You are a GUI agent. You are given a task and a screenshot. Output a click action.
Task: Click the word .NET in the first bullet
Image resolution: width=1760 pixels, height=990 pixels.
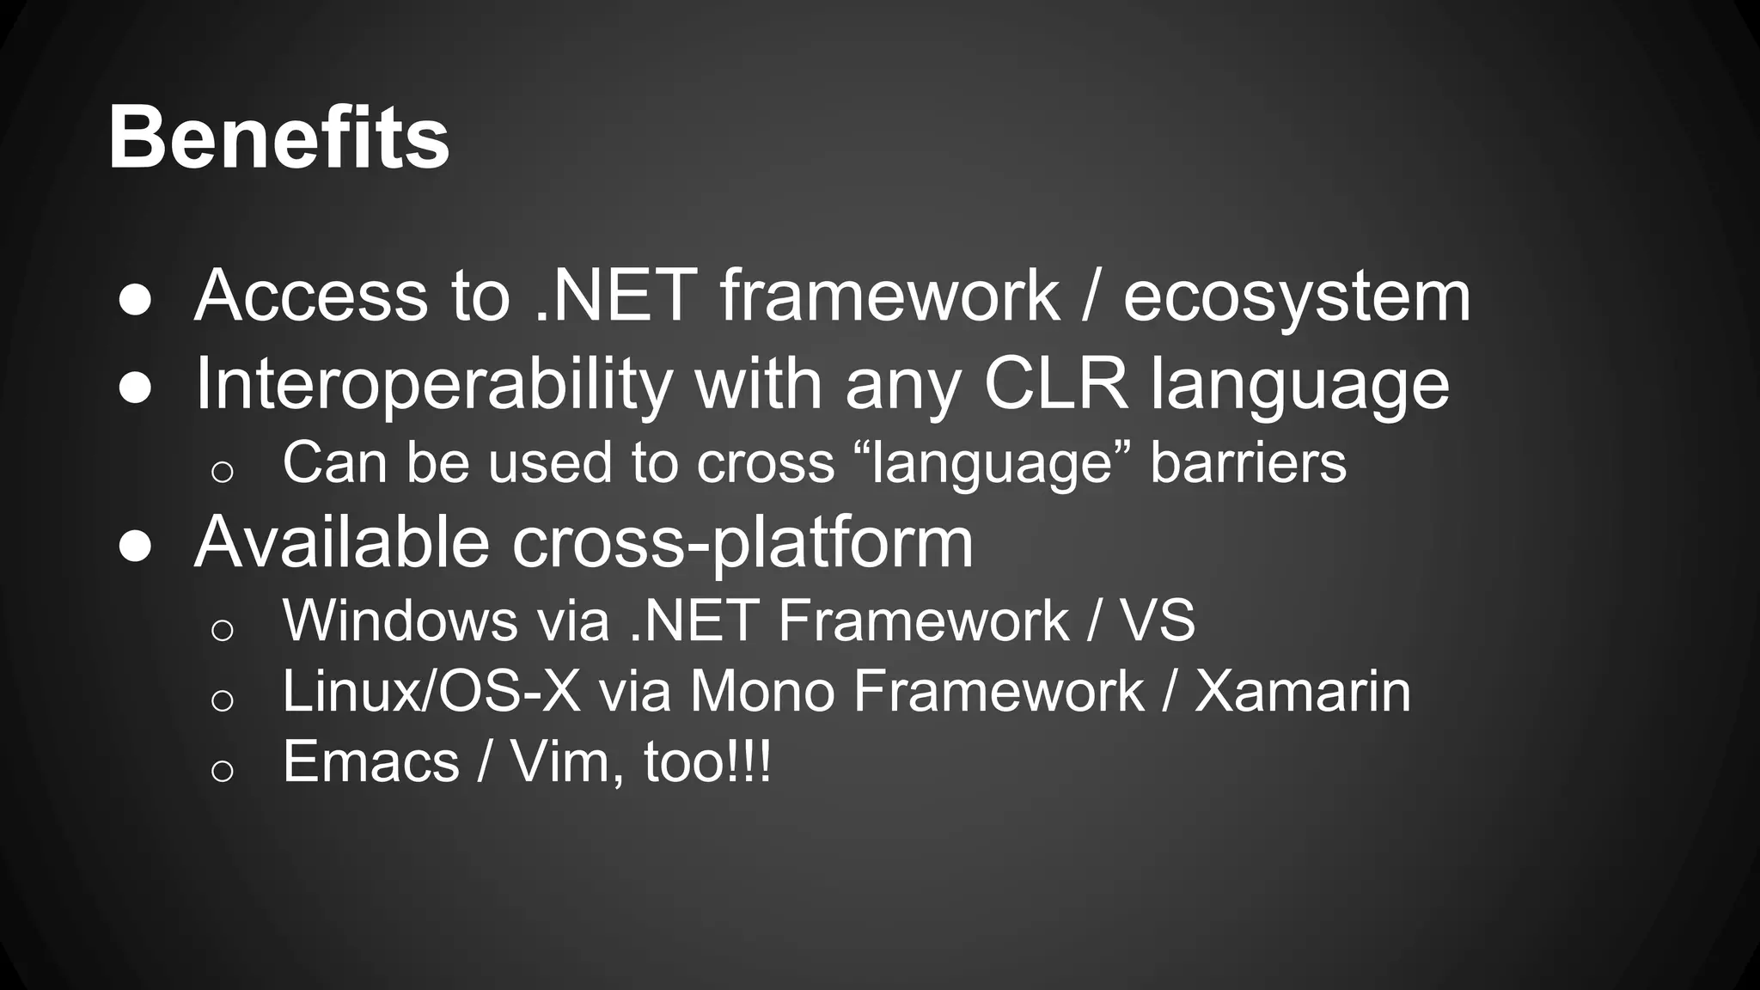614,296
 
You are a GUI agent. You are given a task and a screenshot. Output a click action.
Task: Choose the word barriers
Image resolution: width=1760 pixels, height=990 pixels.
1248,463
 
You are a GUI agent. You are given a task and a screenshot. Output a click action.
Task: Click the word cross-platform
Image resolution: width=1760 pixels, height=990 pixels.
742,543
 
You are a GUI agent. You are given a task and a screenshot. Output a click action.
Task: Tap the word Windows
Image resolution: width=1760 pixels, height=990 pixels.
400,620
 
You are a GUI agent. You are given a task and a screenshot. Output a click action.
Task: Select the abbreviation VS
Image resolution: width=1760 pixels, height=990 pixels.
1158,620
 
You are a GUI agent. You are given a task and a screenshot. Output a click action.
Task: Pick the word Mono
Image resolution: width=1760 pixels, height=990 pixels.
761,691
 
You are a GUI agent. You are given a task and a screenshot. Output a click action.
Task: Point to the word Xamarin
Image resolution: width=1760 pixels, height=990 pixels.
1302,691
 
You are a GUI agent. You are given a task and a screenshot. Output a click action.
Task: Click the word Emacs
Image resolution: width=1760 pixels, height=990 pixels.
371,762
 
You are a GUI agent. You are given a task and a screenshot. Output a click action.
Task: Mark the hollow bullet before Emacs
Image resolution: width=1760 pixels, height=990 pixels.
222,770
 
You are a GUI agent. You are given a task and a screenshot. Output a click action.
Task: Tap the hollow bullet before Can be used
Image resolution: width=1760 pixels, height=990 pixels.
222,471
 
